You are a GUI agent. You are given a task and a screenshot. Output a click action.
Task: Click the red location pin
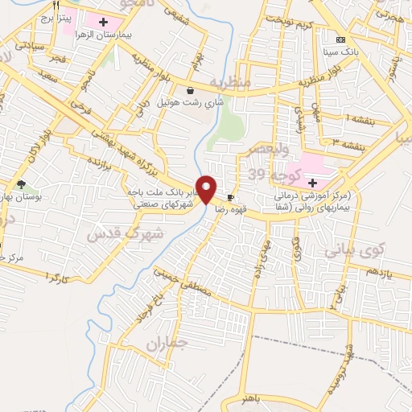pos(208,190)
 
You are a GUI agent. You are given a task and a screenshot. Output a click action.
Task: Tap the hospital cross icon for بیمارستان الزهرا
pos(102,19)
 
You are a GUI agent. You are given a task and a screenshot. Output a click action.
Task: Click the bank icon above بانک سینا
pos(340,39)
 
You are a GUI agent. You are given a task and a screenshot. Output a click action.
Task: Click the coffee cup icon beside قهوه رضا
pos(231,197)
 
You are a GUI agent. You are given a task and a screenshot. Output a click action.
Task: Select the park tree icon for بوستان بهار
pos(21,184)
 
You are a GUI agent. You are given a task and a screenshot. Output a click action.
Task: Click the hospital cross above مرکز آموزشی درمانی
pos(311,183)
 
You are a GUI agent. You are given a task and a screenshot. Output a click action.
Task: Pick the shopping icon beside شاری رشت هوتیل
pos(189,90)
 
